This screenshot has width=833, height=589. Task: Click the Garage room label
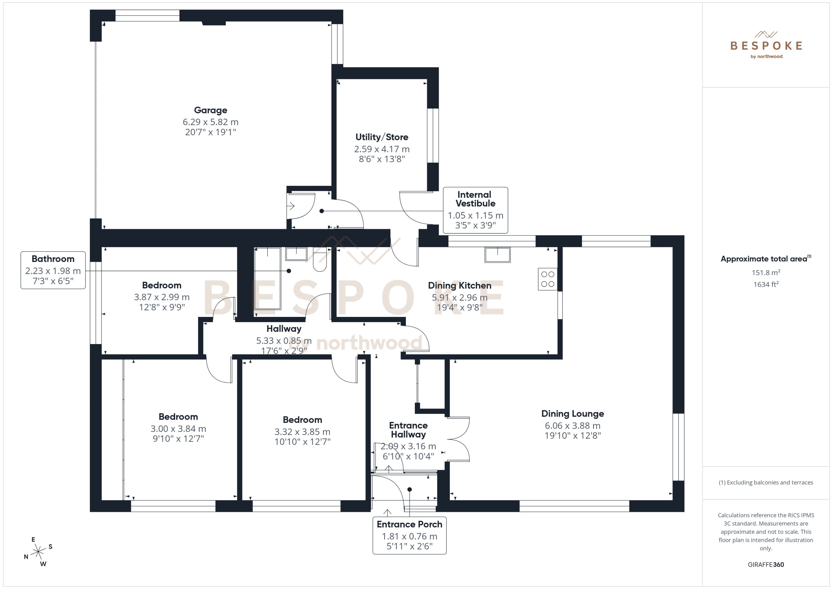coord(211,110)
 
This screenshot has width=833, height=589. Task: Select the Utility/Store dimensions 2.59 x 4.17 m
coord(382,149)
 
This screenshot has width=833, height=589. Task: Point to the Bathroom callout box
coord(53,270)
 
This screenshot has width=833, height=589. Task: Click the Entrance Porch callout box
coord(409,535)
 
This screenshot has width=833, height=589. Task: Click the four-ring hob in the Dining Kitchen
coord(547,279)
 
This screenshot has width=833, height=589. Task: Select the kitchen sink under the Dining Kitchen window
coord(497,255)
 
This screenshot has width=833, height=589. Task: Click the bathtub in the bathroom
coord(268,278)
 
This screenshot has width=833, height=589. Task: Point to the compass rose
coord(38,552)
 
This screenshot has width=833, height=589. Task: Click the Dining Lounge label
coord(572,414)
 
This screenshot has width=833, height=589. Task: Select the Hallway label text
coord(284,329)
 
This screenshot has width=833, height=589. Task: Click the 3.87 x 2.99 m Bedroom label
coord(162,285)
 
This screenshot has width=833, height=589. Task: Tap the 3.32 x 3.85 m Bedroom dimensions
coord(302,432)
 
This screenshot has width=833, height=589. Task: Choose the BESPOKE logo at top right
coord(766,46)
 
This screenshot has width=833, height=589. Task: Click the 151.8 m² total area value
coord(765,272)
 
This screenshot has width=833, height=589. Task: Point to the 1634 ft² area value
coord(765,284)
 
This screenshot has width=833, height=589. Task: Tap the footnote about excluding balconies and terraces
coord(765,482)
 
